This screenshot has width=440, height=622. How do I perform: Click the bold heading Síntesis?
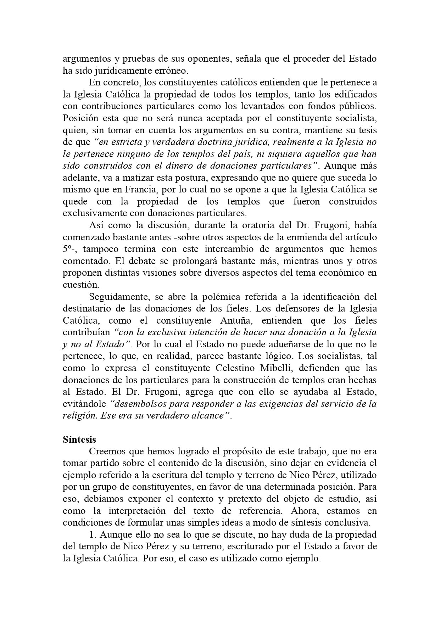(79, 439)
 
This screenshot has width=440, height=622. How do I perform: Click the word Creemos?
(106, 452)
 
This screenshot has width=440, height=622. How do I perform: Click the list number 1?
(92, 535)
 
